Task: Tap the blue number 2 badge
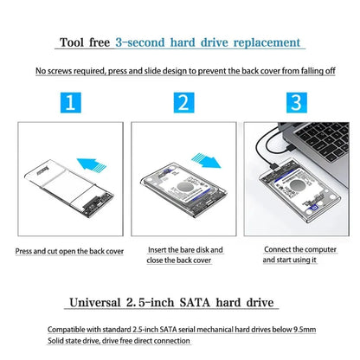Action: click(182, 105)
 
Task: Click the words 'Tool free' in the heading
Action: click(84, 42)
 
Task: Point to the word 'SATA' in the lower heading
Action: click(197, 302)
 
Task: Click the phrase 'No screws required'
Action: click(70, 71)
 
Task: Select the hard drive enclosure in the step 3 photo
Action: click(295, 196)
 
